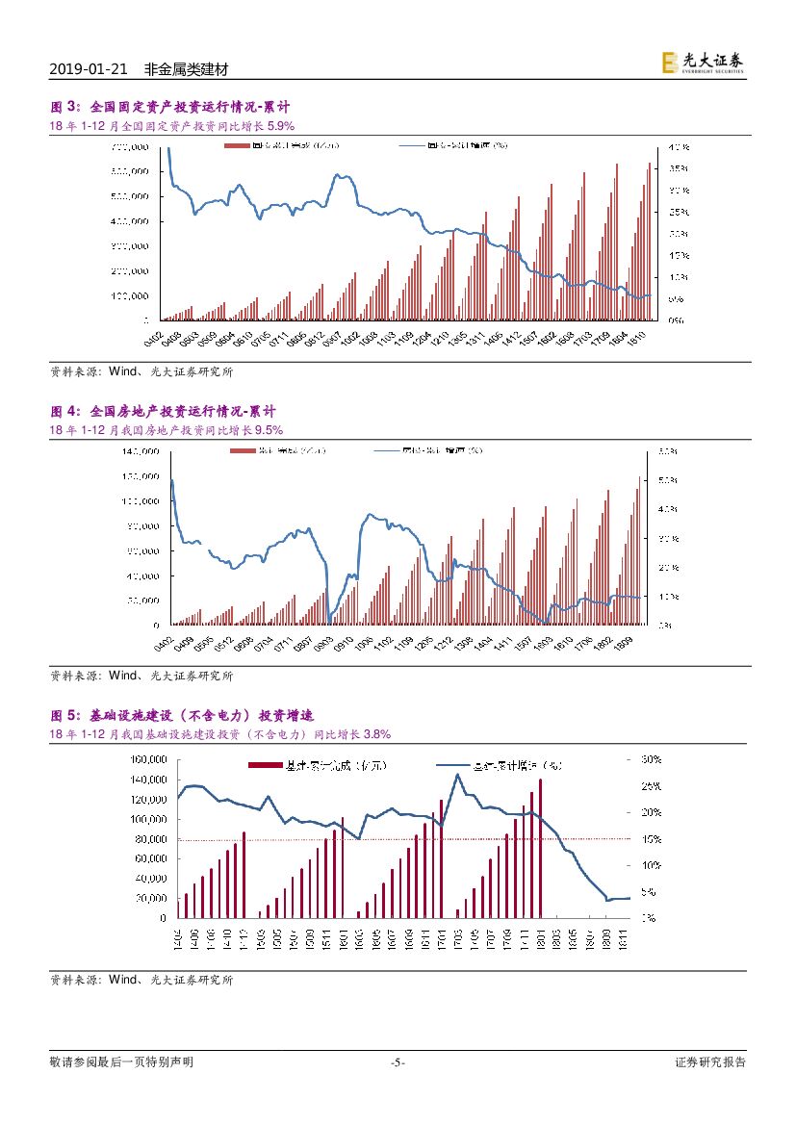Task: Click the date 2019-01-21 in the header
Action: click(x=88, y=70)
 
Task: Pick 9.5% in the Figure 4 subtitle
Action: click(x=267, y=429)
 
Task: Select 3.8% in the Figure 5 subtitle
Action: click(x=349, y=734)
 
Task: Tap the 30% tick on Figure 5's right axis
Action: click(x=676, y=759)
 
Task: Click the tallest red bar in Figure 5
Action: click(x=541, y=847)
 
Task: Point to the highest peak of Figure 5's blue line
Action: click(x=458, y=775)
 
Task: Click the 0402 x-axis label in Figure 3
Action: click(x=154, y=337)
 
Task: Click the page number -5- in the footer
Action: click(x=398, y=1062)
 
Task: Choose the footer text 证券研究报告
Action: click(x=710, y=1062)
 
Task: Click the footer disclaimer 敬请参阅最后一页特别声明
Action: click(x=121, y=1062)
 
